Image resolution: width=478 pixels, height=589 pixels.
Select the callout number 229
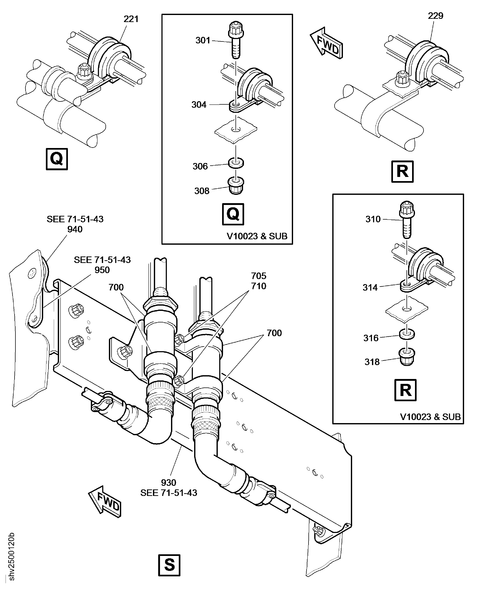(435, 16)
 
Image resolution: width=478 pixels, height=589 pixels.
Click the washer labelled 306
(236, 163)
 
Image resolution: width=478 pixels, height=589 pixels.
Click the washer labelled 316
(407, 334)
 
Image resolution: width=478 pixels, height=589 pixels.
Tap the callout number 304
(199, 105)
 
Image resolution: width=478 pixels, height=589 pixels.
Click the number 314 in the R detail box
(370, 288)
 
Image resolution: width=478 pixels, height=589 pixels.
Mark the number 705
(259, 276)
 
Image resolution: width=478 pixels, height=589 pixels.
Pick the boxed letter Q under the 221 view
(57, 159)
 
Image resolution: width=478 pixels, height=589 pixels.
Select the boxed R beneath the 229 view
(402, 172)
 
